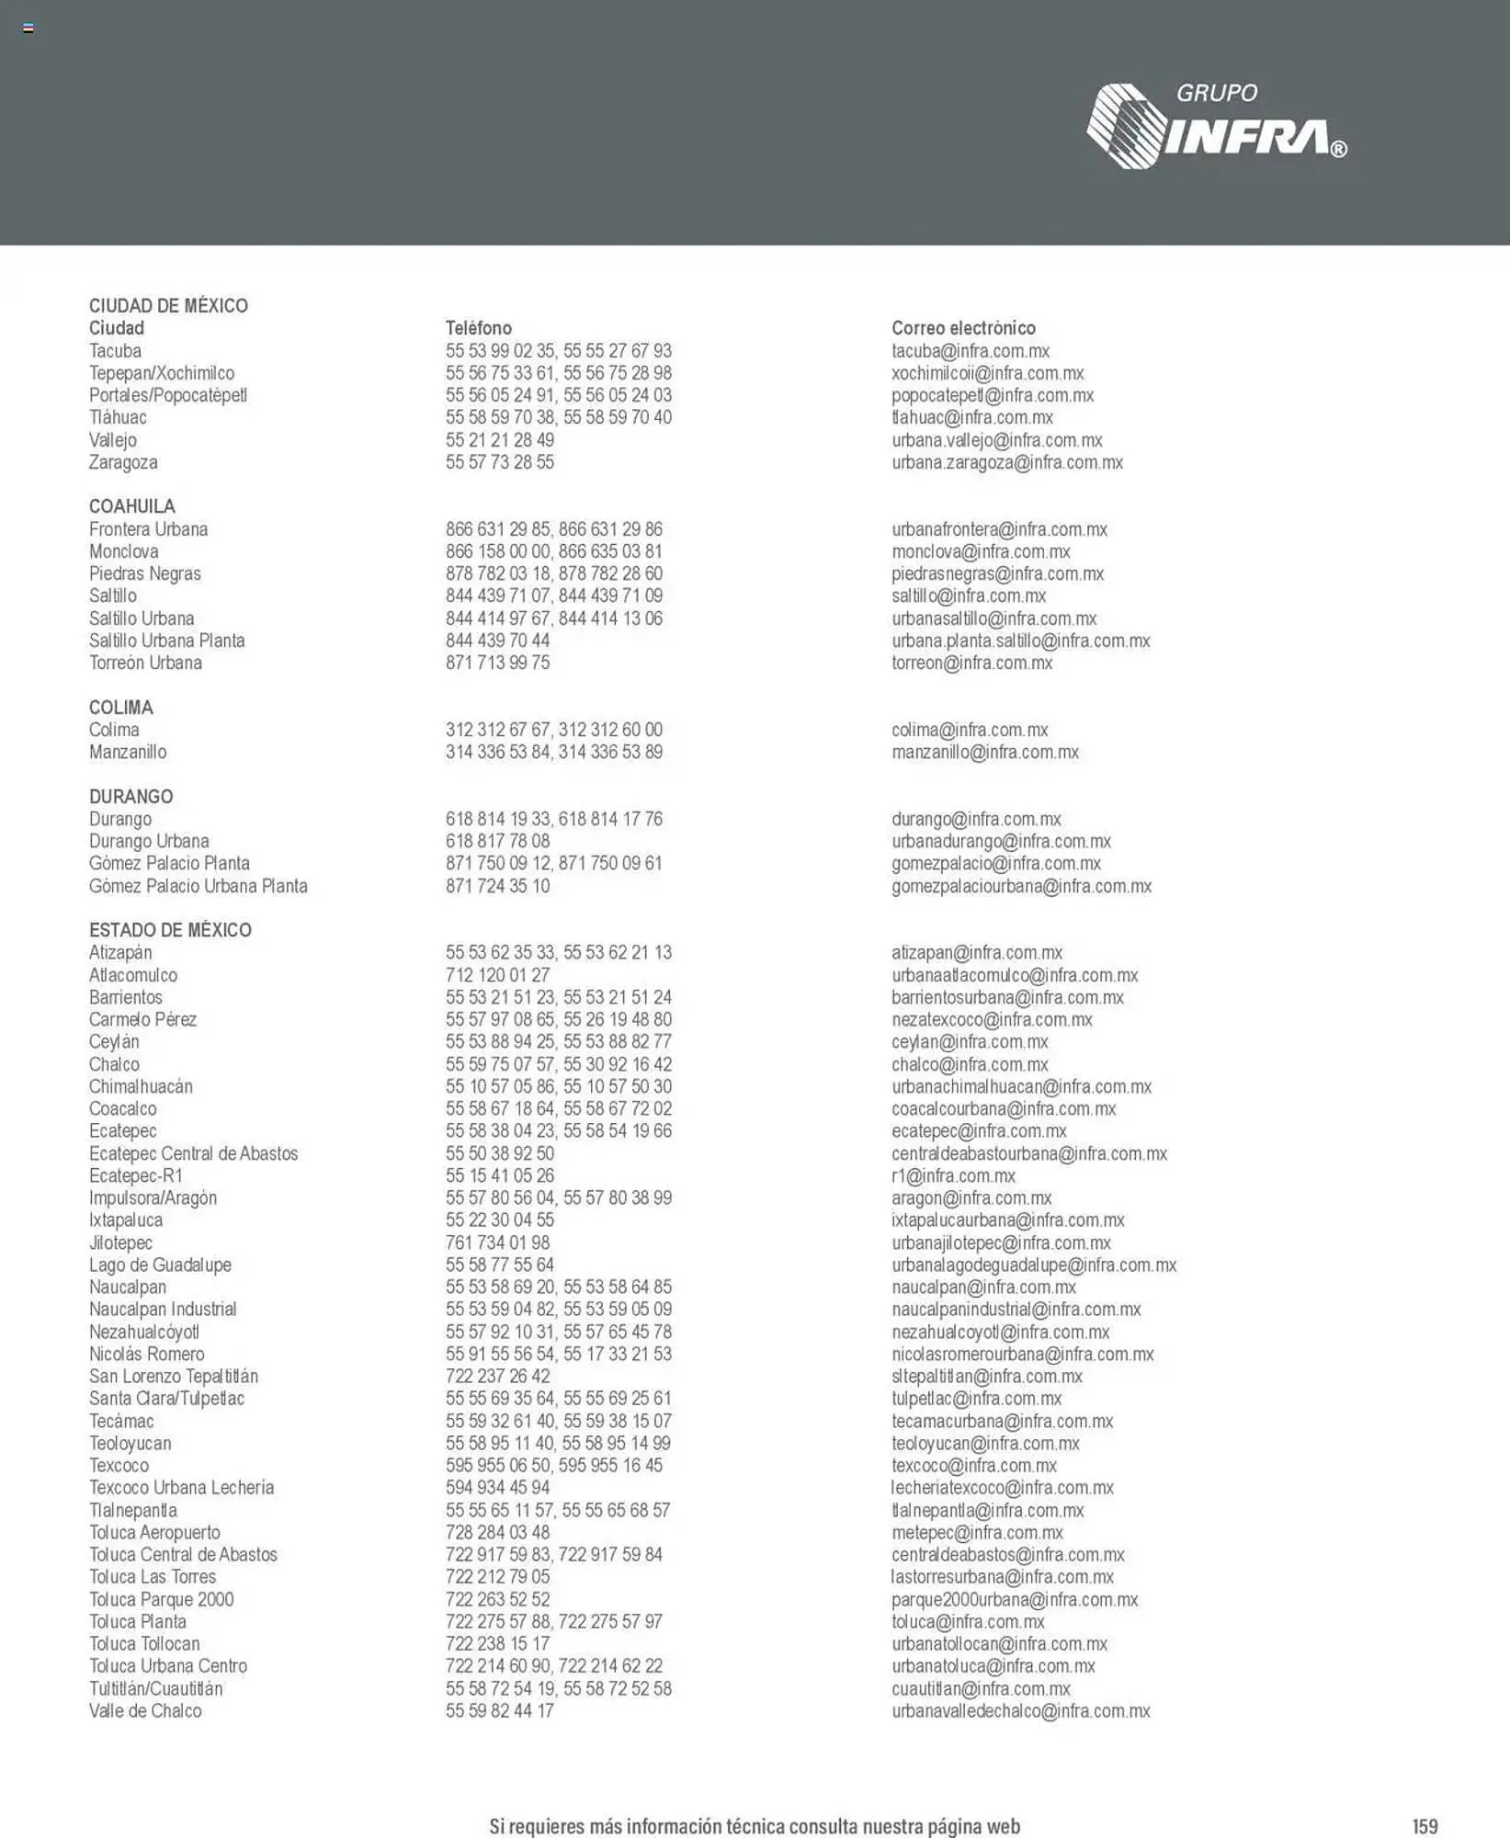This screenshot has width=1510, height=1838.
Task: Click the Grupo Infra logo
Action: click(x=1216, y=126)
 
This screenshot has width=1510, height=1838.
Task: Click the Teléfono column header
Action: click(x=478, y=328)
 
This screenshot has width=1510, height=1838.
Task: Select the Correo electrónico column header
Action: click(x=962, y=328)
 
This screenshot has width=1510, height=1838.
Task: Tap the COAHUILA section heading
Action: click(x=131, y=506)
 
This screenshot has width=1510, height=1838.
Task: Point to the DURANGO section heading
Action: click(x=131, y=797)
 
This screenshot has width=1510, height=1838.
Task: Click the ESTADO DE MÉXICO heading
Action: click(x=170, y=930)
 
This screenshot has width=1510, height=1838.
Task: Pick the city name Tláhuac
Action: click(x=118, y=417)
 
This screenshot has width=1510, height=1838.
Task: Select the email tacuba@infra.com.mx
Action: click(x=970, y=351)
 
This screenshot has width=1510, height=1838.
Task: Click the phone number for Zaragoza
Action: click(x=499, y=462)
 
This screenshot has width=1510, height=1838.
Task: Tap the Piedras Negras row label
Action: click(x=144, y=573)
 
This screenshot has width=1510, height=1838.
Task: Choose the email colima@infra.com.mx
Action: click(x=969, y=730)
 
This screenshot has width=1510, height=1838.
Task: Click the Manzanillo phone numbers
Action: click(x=553, y=752)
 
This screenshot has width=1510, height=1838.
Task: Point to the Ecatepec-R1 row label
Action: click(x=135, y=1175)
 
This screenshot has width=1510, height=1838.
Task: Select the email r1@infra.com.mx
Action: click(x=953, y=1175)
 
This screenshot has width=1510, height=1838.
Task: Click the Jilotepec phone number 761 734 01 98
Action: click(x=497, y=1242)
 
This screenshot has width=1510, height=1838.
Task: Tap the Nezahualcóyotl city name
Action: click(x=143, y=1332)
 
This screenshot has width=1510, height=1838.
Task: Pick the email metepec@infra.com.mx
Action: click(x=976, y=1532)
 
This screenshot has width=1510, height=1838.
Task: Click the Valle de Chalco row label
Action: click(x=145, y=1710)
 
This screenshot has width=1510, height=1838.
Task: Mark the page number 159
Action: click(x=1425, y=1826)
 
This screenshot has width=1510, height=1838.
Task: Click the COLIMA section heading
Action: click(x=120, y=708)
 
